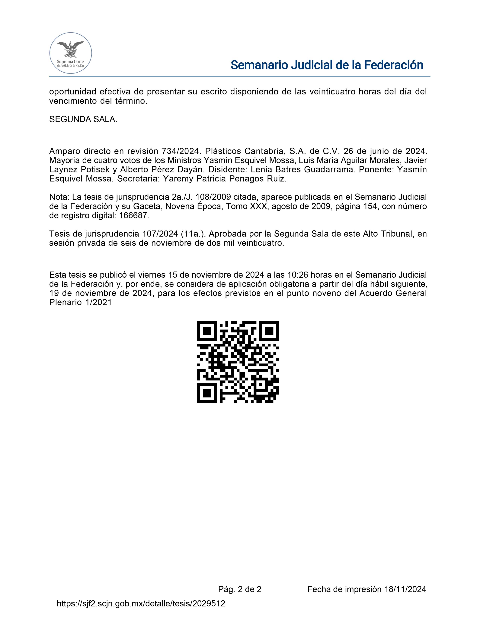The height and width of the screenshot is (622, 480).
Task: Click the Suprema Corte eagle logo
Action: point(71,53)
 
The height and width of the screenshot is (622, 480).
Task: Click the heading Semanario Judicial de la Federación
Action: point(327,65)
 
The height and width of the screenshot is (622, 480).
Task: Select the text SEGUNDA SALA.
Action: point(83,119)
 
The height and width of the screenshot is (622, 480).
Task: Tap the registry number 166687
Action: point(133,216)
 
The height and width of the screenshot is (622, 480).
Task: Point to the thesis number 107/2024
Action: point(160,234)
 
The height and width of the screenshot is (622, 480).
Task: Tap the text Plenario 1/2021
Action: point(81,303)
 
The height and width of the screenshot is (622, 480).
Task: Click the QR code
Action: point(238,362)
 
